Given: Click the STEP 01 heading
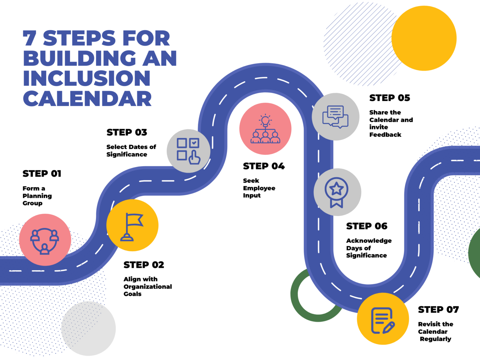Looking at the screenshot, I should (42, 174).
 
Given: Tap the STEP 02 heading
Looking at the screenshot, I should (144, 265).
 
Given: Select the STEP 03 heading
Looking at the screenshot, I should (127, 132).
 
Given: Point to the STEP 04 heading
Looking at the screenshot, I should (264, 166).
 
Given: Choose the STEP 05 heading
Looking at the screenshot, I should (390, 98).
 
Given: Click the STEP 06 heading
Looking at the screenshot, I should (367, 226).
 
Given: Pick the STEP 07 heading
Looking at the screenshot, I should (438, 310).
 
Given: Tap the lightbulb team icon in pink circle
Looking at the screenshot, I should (265, 129).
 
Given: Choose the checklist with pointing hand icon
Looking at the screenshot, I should (188, 151).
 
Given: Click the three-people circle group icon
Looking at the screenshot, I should (45, 240).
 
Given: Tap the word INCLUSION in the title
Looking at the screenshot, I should (87, 78).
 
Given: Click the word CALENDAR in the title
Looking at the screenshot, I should (87, 99).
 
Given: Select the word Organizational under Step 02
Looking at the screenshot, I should (148, 287).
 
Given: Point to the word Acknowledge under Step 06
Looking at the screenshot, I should (369, 241).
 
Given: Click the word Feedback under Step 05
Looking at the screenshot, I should (385, 135).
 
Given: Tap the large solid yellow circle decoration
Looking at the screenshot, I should (424, 38).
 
